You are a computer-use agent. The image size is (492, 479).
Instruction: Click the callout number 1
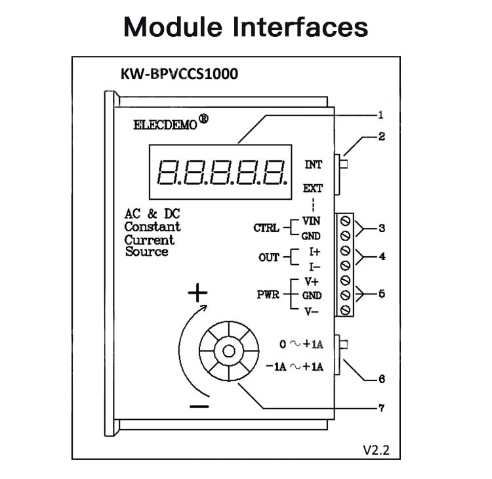380,115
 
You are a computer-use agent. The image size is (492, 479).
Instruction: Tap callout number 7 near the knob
382,408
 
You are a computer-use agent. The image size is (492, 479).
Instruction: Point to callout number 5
382,294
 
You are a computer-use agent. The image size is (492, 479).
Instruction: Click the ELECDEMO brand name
165,125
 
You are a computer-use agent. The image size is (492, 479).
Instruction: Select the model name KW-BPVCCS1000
179,74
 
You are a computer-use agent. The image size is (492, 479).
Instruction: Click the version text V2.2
377,450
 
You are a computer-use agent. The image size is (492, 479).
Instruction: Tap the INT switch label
313,164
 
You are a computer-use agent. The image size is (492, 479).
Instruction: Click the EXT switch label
312,189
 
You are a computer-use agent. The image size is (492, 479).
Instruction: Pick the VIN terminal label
311,221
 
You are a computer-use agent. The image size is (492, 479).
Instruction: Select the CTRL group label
266,228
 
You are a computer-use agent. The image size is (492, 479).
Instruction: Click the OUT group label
268,258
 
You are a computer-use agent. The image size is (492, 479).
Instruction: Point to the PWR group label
268,294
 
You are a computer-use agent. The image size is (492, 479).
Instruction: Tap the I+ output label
315,252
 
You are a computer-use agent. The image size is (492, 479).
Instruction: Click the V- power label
312,311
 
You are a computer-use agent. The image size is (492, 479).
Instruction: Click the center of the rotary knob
229,351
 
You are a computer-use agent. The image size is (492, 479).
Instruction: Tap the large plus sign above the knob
197,293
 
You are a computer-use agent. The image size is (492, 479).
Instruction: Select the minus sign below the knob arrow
199,407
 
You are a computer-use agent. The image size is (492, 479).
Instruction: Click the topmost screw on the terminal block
345,221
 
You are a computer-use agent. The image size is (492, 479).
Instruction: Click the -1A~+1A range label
295,367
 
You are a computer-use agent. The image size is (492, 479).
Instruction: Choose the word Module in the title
173,27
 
